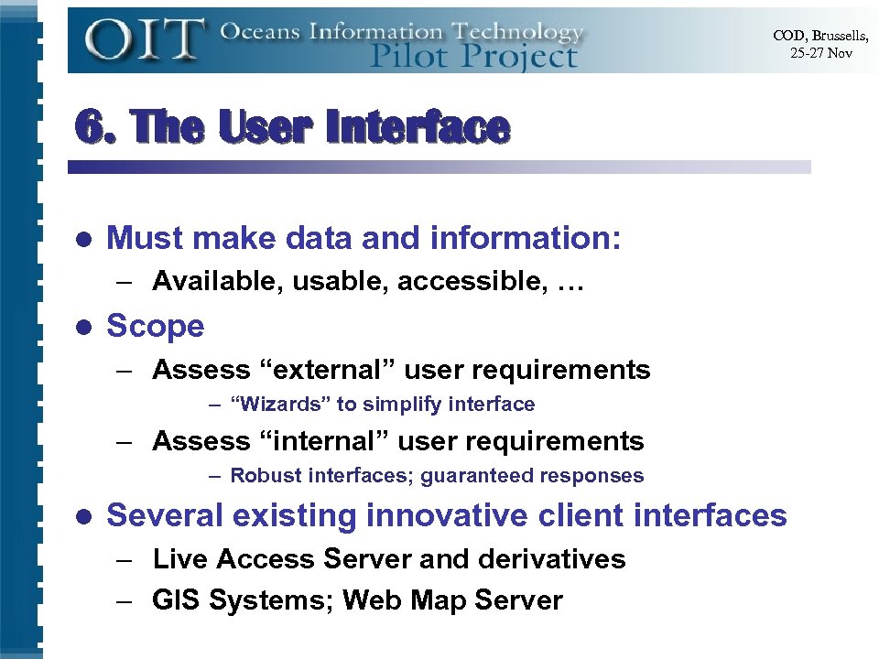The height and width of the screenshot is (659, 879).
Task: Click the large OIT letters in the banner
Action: pyautogui.click(x=145, y=39)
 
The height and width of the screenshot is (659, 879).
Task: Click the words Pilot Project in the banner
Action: pyautogui.click(x=473, y=56)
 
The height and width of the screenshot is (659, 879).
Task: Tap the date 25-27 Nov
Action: pyautogui.click(x=821, y=54)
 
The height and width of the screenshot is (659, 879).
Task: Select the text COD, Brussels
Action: pyautogui.click(x=820, y=36)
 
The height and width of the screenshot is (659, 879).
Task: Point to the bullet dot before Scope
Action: pyautogui.click(x=84, y=327)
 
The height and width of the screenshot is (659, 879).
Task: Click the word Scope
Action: pyautogui.click(x=156, y=326)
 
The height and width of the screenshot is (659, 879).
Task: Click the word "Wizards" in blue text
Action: pyautogui.click(x=280, y=404)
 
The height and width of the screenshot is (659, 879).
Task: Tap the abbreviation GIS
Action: pyautogui.click(x=176, y=600)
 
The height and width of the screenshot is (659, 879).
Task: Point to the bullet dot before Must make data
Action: pyautogui.click(x=84, y=240)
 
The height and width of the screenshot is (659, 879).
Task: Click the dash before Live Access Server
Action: pyautogui.click(x=125, y=559)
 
